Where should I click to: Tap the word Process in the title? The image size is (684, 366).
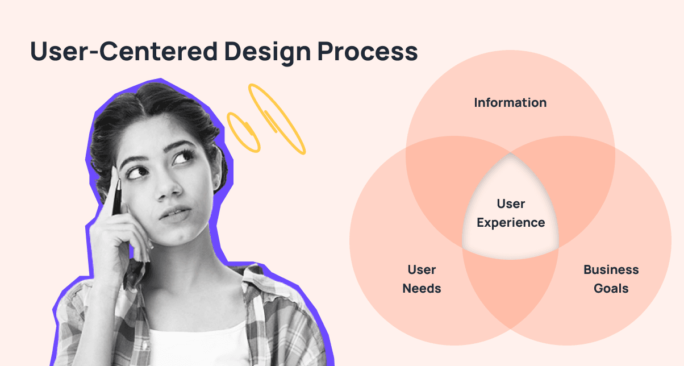(x=368, y=51)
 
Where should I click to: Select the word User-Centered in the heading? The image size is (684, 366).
(x=124, y=51)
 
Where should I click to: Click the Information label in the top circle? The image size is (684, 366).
(x=510, y=103)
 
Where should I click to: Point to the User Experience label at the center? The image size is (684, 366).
(x=511, y=213)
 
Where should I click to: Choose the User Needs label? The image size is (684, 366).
(x=422, y=279)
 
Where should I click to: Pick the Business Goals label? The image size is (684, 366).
(x=611, y=279)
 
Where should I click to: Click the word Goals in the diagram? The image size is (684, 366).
(x=611, y=288)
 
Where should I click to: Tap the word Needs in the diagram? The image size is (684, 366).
(x=422, y=288)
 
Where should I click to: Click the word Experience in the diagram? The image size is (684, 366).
(x=511, y=223)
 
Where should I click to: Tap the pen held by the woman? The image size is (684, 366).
(x=117, y=197)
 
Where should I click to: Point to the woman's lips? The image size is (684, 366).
(x=175, y=214)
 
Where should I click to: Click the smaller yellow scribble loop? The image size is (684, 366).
(x=243, y=132)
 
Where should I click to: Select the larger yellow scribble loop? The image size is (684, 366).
(x=277, y=119)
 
